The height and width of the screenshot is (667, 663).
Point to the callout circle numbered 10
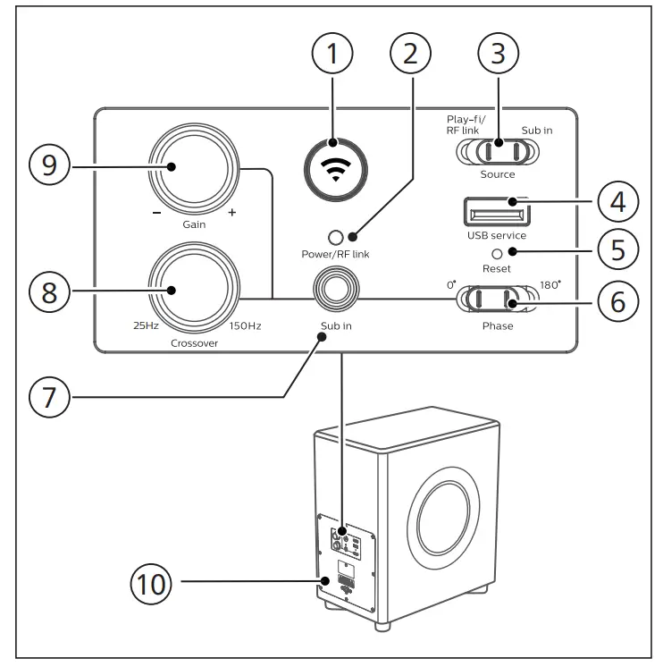pyautogui.click(x=150, y=584)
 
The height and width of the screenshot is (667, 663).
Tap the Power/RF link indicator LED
pyautogui.click(x=335, y=238)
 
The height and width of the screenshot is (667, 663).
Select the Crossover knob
pyautogui.click(x=194, y=290)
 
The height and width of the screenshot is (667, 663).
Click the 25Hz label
pyautogui.click(x=146, y=326)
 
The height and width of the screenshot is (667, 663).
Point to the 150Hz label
pyautogui.click(x=244, y=326)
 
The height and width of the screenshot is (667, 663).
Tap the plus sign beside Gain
pyautogui.click(x=232, y=214)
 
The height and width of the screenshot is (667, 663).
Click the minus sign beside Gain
pyautogui.click(x=156, y=214)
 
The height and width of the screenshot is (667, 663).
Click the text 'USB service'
pyautogui.click(x=497, y=235)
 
